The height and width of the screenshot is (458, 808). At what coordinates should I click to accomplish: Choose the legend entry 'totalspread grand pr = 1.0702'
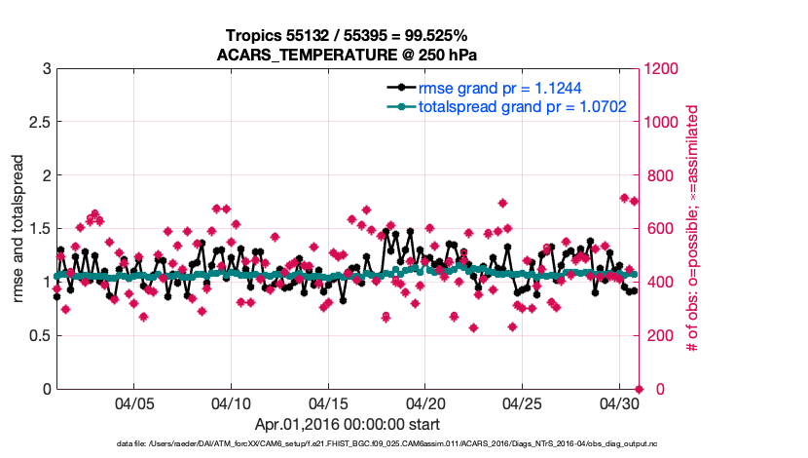521,104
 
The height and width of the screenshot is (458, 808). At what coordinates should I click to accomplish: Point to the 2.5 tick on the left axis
38,123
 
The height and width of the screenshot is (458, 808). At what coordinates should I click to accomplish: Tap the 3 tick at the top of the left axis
46,69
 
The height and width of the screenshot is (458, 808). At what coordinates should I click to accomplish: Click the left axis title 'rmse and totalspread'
18,229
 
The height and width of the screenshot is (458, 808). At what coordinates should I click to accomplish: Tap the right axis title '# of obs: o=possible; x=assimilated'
693,229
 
